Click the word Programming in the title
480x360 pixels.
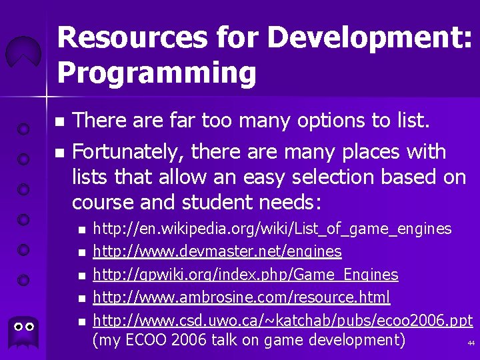point(157,72)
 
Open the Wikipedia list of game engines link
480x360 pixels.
point(272,229)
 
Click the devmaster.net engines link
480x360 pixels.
point(217,252)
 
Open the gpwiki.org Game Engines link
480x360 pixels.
point(245,275)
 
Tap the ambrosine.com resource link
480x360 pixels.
point(241,297)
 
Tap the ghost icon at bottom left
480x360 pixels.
point(24,330)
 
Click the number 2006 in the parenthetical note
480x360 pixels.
point(189,340)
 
